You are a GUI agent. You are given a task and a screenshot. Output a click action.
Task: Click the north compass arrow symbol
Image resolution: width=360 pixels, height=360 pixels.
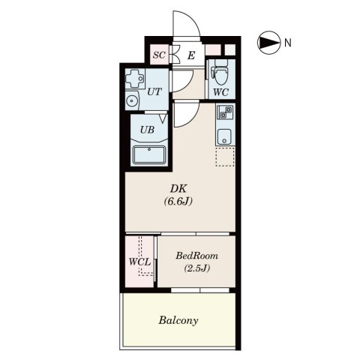268,43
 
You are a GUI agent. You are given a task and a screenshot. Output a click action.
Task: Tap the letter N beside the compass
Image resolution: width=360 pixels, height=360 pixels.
288,43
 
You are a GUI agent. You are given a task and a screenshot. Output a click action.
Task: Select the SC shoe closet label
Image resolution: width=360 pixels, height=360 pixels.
159,55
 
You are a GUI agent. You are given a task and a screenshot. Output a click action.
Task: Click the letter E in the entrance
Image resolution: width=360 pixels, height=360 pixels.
191,55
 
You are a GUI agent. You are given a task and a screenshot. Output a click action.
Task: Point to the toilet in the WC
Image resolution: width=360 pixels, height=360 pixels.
220,73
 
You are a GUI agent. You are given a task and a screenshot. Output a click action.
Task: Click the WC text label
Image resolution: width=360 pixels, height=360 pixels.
220,92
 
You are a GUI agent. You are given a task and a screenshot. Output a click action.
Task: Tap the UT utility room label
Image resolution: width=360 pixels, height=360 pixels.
154,91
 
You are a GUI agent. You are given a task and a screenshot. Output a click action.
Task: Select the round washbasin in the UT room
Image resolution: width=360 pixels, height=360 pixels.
131,100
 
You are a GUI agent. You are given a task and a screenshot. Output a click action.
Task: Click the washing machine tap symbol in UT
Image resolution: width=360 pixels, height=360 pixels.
135,79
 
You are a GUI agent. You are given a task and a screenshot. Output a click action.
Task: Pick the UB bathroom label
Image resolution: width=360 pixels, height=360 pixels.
147,130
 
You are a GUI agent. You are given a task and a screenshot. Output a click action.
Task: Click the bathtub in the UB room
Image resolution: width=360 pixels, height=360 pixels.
149,155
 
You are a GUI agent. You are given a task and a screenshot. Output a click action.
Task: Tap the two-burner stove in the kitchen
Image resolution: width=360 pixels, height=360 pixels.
225,112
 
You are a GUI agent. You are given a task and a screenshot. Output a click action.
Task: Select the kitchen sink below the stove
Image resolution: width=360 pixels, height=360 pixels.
224,136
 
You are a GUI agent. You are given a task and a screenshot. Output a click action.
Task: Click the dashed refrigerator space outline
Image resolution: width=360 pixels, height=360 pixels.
225,157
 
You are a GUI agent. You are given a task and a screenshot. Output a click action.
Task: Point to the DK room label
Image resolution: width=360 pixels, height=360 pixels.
178,188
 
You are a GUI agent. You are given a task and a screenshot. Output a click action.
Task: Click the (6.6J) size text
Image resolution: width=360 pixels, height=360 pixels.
178,201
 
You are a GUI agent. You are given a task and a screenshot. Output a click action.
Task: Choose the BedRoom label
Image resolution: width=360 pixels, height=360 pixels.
196,256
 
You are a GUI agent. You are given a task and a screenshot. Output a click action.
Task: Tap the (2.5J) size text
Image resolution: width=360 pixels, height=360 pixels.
196,268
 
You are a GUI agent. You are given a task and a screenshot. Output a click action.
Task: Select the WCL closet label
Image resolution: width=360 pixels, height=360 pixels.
139,262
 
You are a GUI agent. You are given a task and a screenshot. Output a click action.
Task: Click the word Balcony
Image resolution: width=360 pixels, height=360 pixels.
178,320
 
